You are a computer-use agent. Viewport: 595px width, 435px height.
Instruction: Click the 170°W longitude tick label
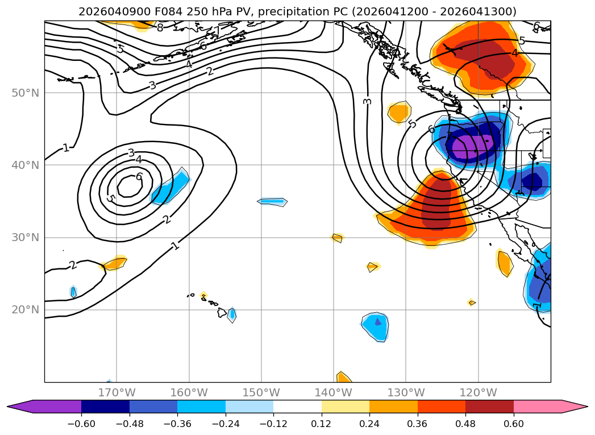(x=116, y=392)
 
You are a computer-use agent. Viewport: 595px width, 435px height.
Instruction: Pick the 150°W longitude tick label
(x=261, y=392)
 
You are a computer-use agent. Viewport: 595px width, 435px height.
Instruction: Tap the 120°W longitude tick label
(x=479, y=392)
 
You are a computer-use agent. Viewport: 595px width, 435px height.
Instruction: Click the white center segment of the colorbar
(x=297, y=407)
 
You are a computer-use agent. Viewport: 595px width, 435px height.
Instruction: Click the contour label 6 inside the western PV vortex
(x=139, y=177)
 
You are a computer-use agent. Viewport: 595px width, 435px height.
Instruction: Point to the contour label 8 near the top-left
(x=160, y=27)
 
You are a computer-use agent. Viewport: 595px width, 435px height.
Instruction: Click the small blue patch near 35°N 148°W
(x=273, y=201)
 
